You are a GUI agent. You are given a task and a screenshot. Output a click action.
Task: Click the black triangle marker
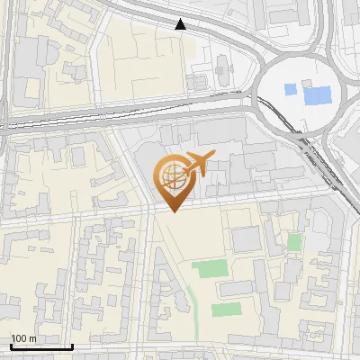(182, 25)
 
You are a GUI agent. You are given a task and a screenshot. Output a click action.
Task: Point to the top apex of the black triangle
(182, 20)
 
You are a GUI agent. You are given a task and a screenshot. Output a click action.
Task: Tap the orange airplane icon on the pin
(196, 165)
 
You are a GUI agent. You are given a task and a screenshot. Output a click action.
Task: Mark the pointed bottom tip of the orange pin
(172, 212)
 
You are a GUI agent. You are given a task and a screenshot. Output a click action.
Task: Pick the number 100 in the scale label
(19, 338)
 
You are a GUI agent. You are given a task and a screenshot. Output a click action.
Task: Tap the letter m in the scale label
(32, 338)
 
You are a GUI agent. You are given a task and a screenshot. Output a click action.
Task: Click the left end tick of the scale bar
(11, 345)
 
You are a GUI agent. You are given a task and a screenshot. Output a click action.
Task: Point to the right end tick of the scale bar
(72, 345)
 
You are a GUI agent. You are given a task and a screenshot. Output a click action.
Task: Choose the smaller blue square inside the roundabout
(289, 89)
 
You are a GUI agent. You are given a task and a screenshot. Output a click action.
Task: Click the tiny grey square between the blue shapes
(302, 84)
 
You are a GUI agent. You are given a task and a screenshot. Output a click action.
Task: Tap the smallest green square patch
(294, 242)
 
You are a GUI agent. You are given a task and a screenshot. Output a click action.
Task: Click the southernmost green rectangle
(226, 310)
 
